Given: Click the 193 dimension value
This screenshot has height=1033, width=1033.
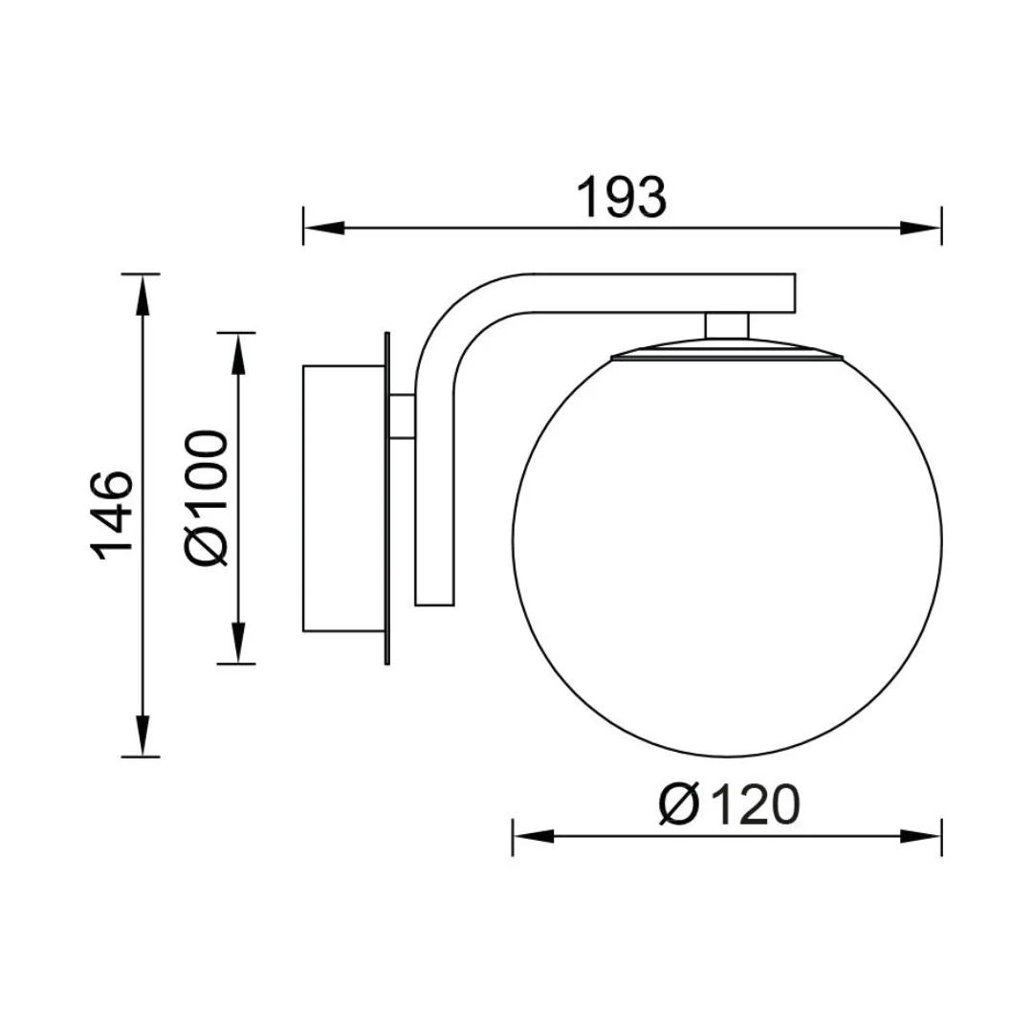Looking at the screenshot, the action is [x=622, y=197].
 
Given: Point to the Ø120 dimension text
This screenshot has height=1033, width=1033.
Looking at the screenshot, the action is [x=729, y=804].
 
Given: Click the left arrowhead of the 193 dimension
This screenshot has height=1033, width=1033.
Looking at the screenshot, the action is [x=323, y=228].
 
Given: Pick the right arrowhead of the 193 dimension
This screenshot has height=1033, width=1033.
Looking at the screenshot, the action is [x=921, y=228].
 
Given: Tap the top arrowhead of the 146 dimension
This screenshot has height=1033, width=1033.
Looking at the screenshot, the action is [x=141, y=295].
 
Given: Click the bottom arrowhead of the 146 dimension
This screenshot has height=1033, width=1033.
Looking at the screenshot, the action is [x=141, y=736].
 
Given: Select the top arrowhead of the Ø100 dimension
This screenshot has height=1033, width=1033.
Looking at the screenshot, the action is [x=237, y=354].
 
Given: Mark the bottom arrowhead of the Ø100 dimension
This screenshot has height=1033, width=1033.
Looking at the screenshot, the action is [x=237, y=643].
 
